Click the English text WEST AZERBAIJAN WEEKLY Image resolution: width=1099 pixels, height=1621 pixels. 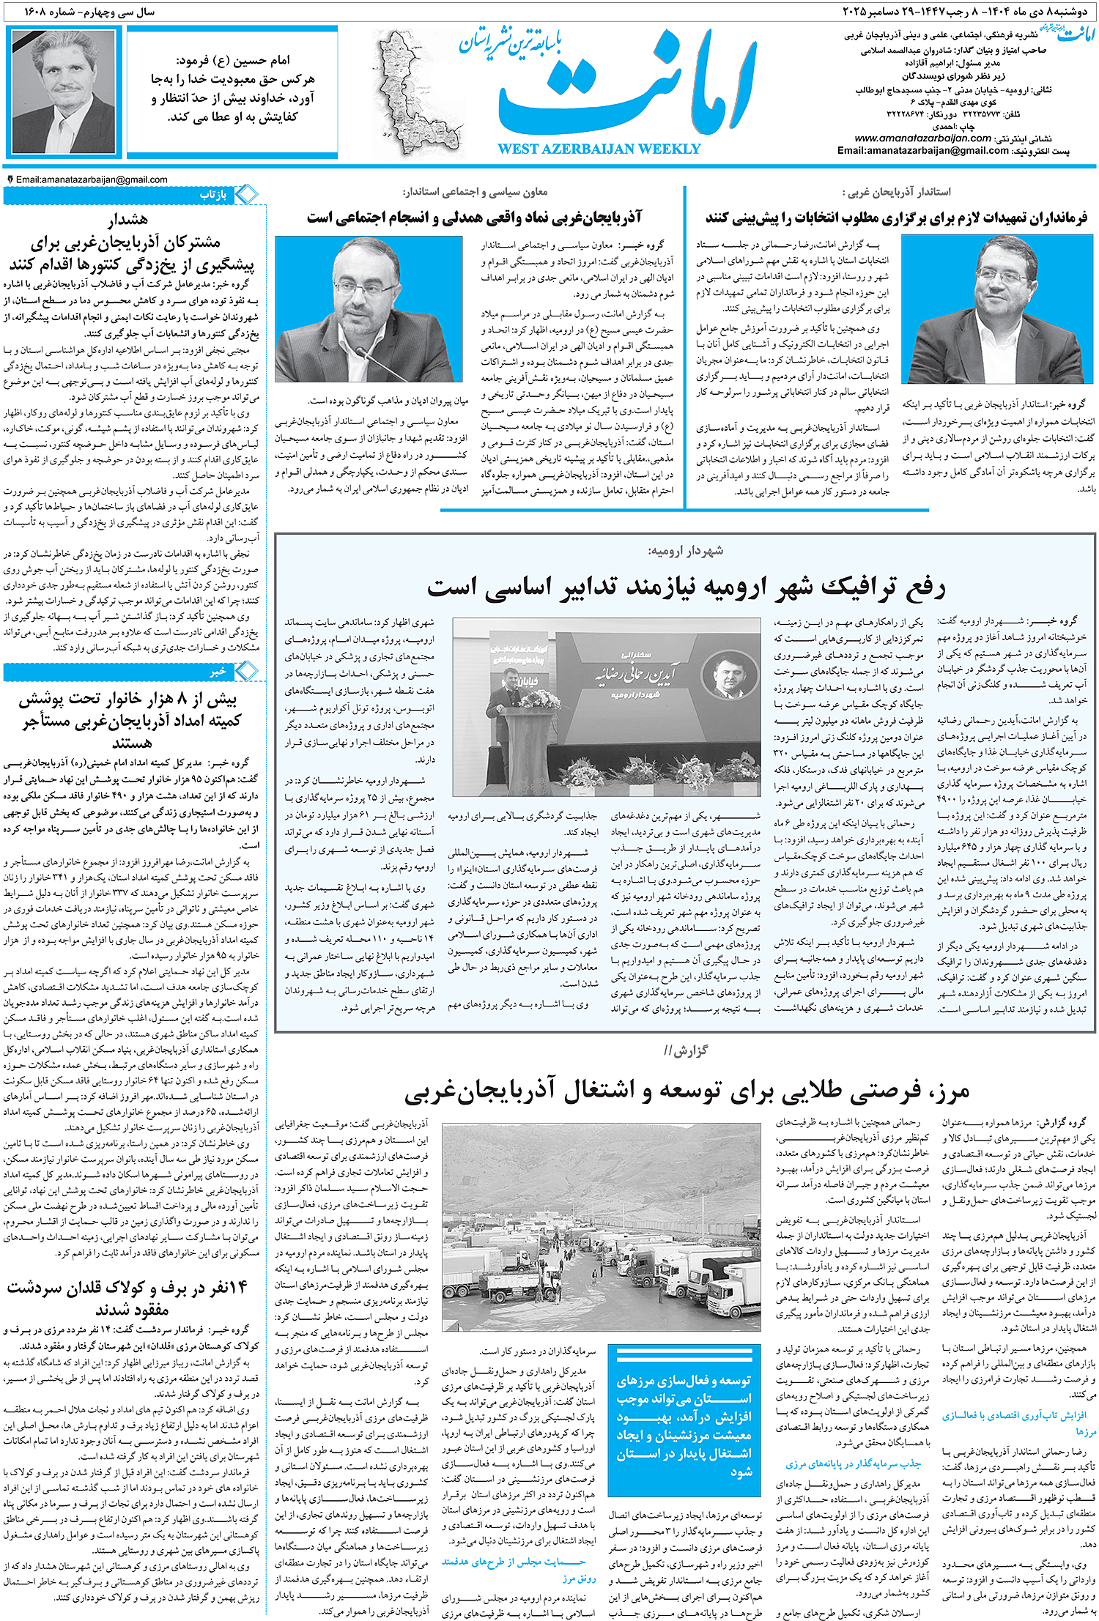coord(599,149)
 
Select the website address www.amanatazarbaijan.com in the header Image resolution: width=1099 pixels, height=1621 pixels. coord(922,138)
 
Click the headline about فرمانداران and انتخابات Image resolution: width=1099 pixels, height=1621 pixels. coord(895,218)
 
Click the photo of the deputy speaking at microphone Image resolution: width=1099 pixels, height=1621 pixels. coord(369,308)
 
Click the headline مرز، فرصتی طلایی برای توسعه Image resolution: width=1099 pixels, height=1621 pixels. coord(686,1092)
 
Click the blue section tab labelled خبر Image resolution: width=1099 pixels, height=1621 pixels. coord(218,671)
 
